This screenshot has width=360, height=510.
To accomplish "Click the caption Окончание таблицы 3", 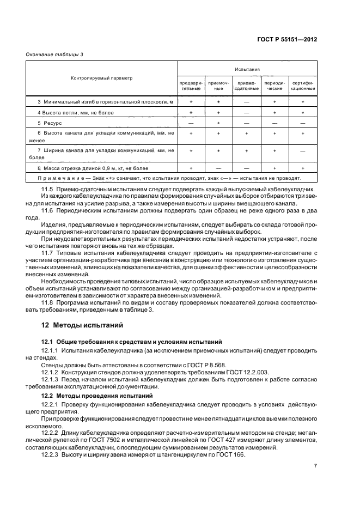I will coord(55,53).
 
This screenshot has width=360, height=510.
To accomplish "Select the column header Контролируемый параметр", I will coord(101,78).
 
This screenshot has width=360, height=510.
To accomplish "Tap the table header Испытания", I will coord(247,70).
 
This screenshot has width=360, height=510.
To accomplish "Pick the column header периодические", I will coord(274,86).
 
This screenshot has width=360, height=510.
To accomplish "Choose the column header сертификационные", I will coord(302,86).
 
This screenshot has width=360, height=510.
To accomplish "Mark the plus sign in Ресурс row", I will coord(218,123).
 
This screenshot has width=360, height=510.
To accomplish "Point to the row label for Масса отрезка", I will coord(93,168).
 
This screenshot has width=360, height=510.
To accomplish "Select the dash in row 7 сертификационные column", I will coord(302,153).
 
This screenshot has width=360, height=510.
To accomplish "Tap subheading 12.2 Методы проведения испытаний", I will coord(103,394).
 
